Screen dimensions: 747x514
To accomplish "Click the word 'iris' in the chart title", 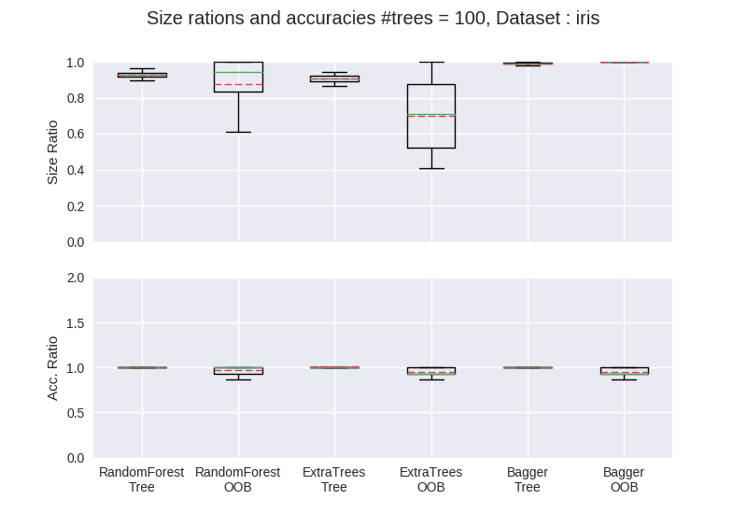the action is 587,18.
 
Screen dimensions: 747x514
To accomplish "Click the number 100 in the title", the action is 470,18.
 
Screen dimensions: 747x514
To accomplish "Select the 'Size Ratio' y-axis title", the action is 52,152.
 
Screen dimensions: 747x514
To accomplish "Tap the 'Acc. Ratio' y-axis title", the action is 52,368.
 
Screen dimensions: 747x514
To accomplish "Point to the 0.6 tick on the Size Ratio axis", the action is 76,135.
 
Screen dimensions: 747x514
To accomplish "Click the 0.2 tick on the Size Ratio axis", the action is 76,207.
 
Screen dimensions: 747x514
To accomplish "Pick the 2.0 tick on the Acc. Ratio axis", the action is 76,278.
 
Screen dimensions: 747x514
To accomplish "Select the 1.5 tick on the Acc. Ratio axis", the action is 76,323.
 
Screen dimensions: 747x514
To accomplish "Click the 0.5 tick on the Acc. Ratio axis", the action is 76,413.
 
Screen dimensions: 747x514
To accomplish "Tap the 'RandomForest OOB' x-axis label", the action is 238,479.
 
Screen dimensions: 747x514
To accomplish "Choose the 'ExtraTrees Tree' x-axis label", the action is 334,479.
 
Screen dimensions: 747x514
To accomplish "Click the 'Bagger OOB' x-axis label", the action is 624,479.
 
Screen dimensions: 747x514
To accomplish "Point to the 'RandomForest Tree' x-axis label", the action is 142,479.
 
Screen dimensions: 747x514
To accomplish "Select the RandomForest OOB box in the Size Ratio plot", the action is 214,77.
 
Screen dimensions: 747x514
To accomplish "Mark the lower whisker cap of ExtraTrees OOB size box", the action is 431,169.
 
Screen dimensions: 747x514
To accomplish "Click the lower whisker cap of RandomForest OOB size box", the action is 238,132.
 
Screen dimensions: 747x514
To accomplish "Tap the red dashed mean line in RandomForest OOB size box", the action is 238,85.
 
